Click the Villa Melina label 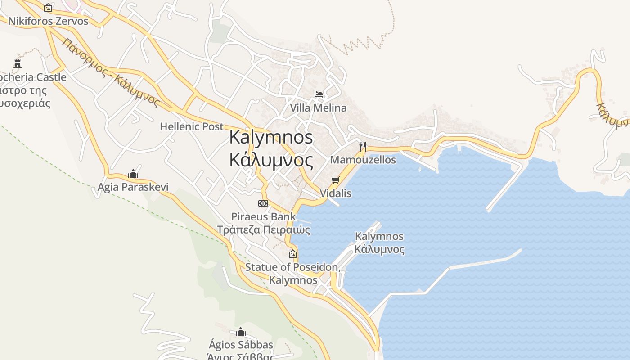click(318, 108)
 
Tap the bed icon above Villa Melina click(319, 94)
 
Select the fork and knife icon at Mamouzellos click(362, 146)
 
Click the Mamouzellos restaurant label click(363, 160)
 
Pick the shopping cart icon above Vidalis click(335, 180)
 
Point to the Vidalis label click(335, 193)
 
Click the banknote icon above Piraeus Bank click(263, 203)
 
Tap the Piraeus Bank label click(264, 217)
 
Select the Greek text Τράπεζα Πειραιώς click(264, 230)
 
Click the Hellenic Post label click(192, 126)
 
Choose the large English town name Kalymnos click(271, 137)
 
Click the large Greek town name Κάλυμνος click(271, 160)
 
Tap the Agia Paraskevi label click(133, 187)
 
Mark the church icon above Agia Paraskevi click(133, 174)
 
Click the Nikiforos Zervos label click(48, 21)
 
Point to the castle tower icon click(18, 63)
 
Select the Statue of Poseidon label click(292, 267)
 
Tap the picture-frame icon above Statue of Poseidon click(293, 254)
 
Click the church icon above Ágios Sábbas click(241, 332)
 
